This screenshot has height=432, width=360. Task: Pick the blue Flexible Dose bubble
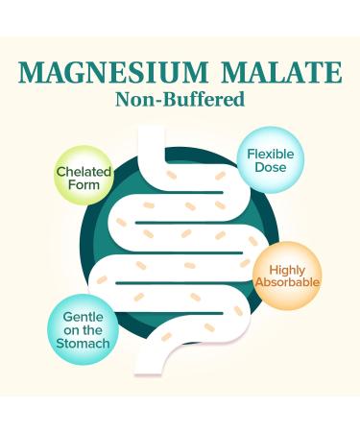(x=271, y=158)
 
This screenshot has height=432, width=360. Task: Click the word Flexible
(x=272, y=151)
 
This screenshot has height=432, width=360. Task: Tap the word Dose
(x=271, y=167)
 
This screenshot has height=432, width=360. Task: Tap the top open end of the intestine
(x=155, y=134)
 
